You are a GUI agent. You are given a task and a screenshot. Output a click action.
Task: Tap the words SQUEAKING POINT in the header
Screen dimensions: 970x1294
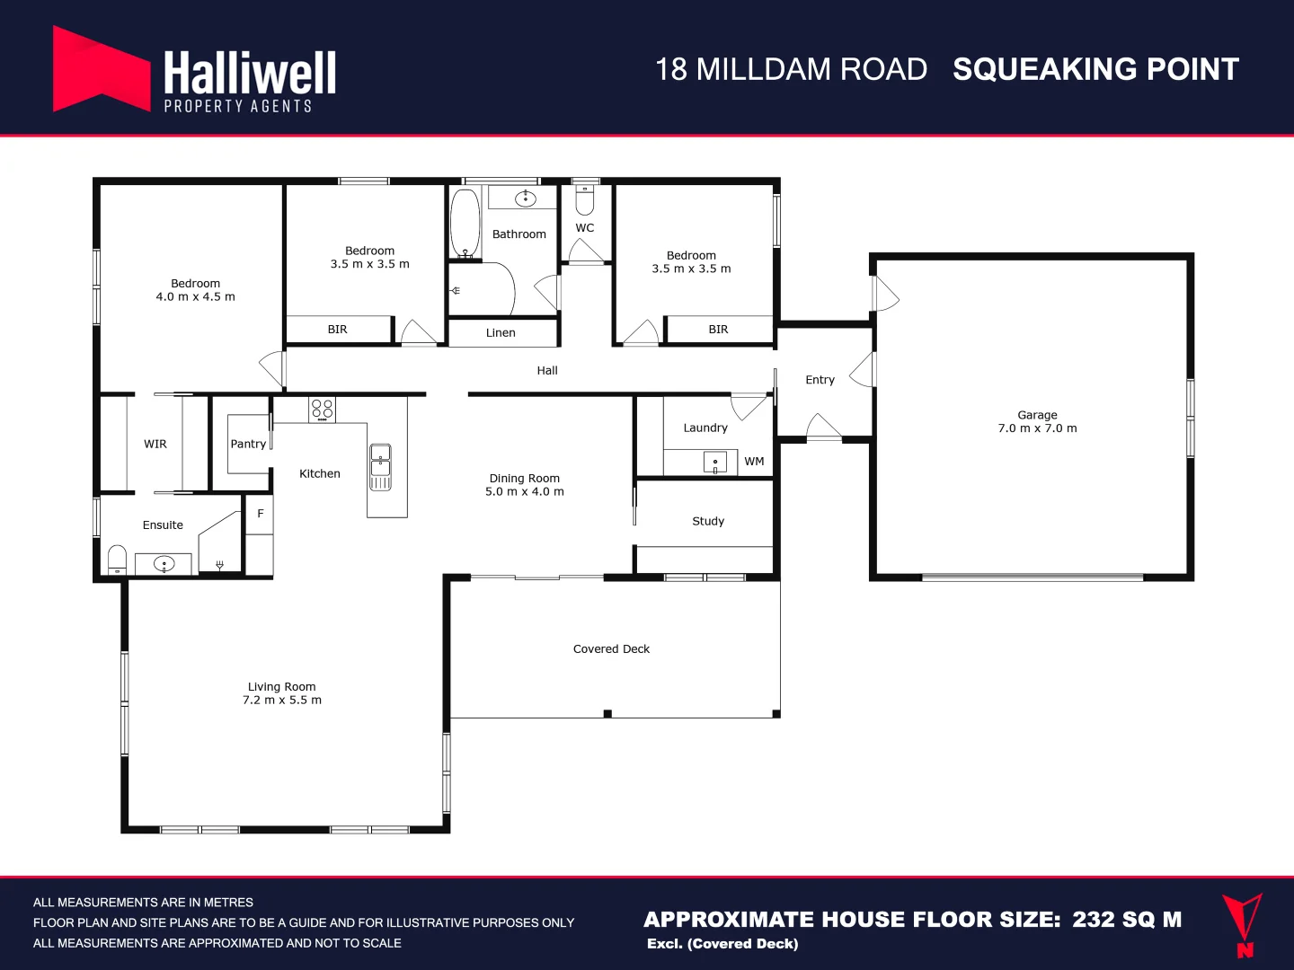coord(1095,70)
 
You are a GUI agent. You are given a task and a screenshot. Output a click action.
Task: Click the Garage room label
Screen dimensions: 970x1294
coord(1037,415)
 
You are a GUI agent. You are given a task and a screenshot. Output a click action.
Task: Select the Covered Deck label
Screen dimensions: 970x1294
coord(611,648)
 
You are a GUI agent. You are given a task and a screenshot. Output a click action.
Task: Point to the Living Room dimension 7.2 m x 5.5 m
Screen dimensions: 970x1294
coord(281,701)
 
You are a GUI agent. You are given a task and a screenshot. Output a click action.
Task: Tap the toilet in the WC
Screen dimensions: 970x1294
coord(585,198)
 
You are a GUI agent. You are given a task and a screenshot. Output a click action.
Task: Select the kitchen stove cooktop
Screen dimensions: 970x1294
coord(322,410)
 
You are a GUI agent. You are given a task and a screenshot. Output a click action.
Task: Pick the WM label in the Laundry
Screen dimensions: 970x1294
coord(754,462)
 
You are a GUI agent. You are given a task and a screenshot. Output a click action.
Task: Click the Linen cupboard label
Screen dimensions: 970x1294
coord(501,333)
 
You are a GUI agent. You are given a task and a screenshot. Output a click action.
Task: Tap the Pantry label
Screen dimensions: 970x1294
coord(248,444)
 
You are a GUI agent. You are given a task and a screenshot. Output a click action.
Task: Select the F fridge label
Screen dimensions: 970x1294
coord(261,514)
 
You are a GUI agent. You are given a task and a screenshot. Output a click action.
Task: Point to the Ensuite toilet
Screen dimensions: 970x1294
coord(117,560)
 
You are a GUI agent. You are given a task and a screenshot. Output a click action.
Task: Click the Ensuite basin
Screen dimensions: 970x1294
coord(164,564)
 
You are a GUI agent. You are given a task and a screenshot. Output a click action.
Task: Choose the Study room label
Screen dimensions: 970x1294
coord(708,521)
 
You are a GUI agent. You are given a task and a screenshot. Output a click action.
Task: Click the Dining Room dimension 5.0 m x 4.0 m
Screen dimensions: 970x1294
coord(525,492)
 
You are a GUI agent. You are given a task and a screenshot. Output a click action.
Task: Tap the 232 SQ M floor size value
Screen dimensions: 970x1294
coord(1127,920)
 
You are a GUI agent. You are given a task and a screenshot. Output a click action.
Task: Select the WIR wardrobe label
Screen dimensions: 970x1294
coord(155,444)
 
